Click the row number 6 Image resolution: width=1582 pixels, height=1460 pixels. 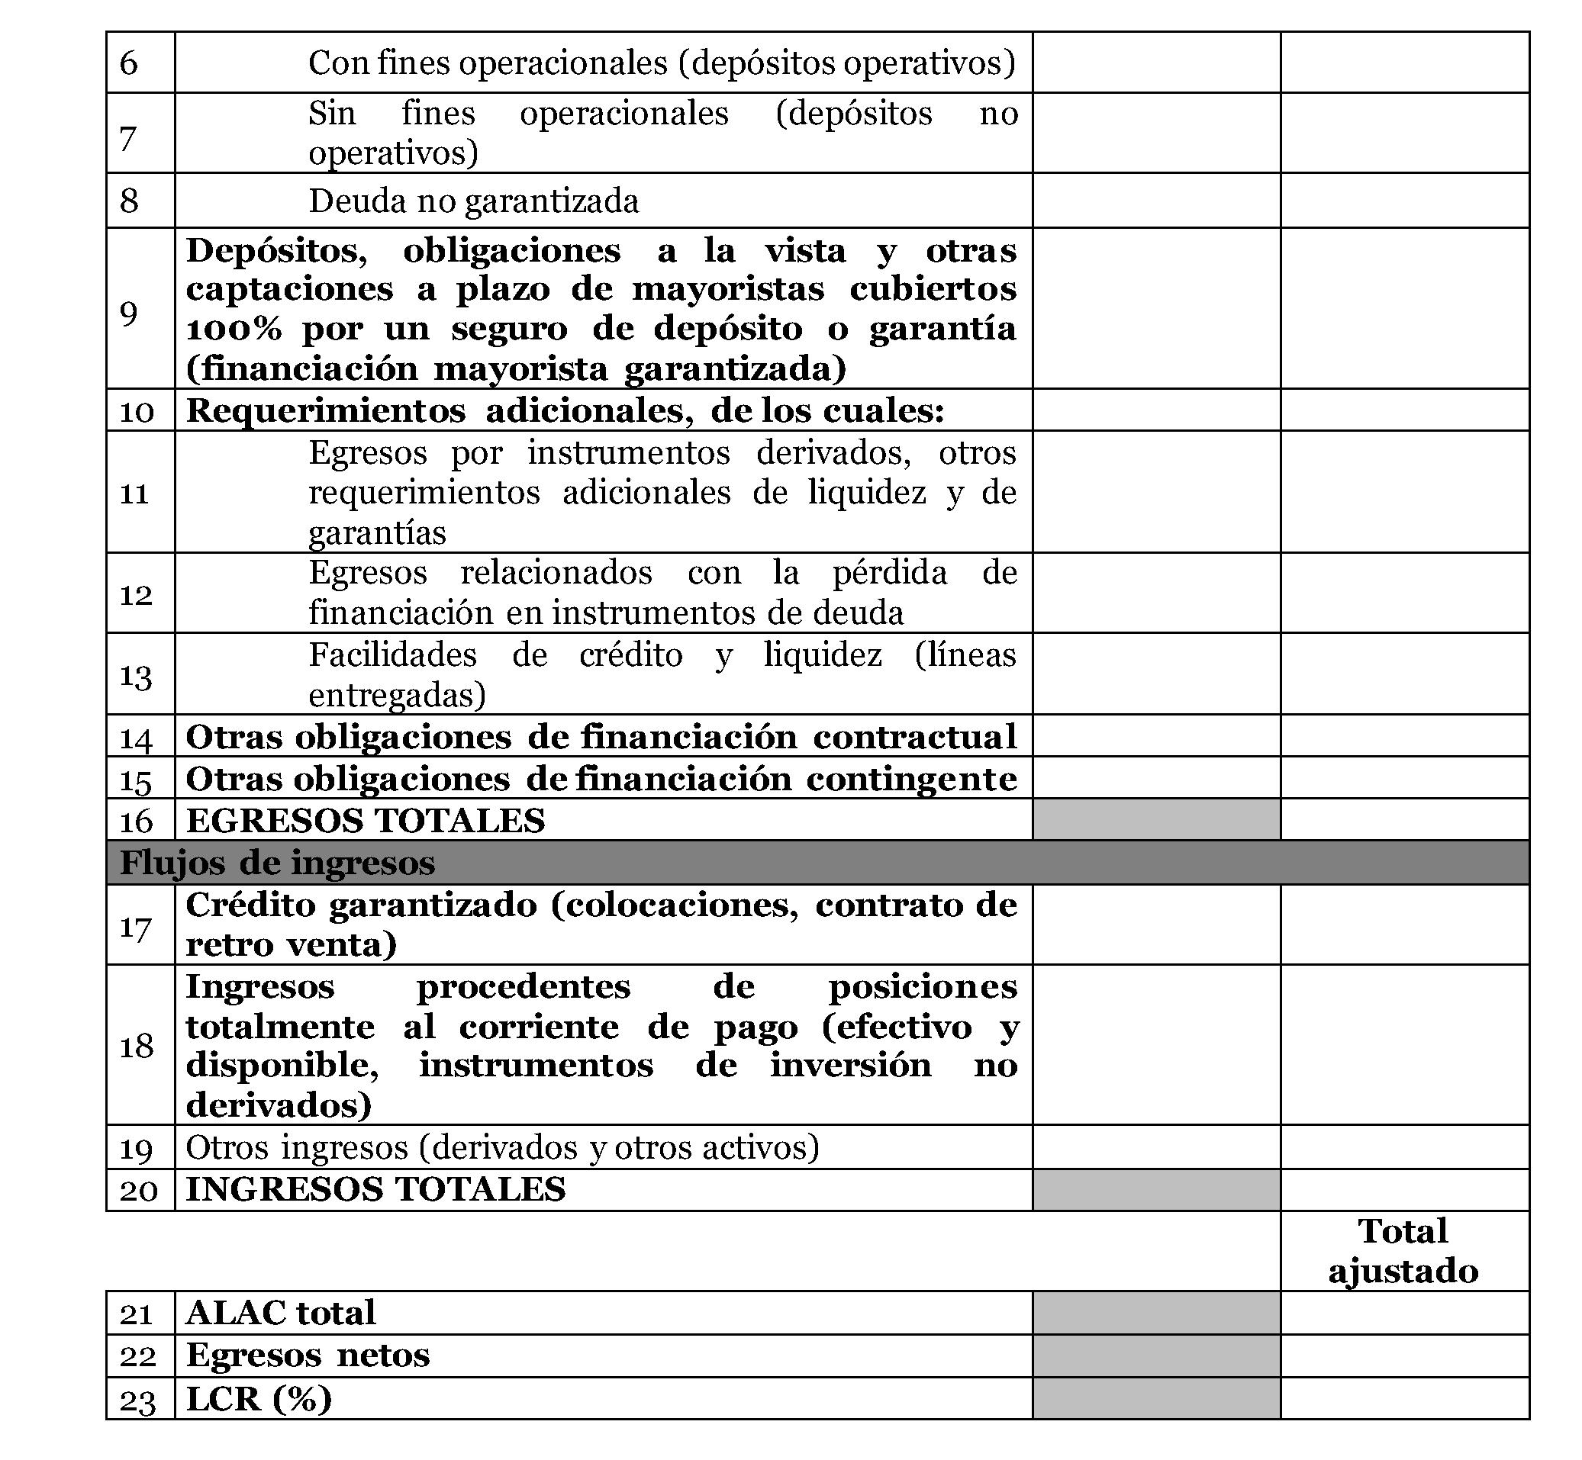129,63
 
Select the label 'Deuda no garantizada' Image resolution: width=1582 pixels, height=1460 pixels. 473,201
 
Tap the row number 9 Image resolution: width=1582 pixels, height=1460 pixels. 129,313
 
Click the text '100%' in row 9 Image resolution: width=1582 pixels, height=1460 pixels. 233,329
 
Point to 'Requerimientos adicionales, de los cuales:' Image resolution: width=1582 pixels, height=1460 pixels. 565,411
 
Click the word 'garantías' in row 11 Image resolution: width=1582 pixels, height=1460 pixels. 377,533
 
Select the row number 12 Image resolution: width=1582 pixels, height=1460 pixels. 135,594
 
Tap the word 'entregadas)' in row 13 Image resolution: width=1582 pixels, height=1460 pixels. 397,695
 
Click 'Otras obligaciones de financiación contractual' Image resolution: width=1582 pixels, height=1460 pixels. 601,737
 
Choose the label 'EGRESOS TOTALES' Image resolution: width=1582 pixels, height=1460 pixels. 365,820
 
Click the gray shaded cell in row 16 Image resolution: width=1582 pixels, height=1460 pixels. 1156,819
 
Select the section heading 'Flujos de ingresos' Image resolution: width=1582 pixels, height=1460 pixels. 277,863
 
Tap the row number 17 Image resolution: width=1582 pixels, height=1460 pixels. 135,926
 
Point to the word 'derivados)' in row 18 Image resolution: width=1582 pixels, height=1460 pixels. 278,1105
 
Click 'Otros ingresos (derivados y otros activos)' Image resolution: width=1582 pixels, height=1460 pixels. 503,1147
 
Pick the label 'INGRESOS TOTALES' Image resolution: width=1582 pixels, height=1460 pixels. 375,1189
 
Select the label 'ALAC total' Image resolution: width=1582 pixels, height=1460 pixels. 281,1313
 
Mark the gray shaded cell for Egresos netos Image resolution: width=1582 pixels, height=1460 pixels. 1156,1355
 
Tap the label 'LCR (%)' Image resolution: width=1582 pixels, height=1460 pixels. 259,1398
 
